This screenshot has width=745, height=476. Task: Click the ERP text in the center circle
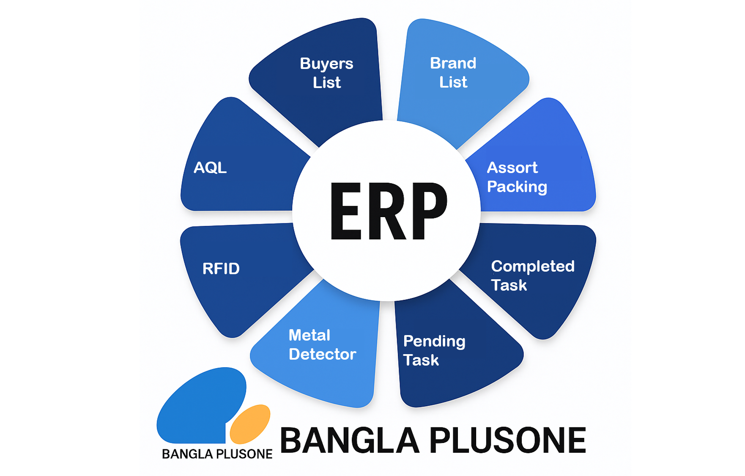(x=388, y=211)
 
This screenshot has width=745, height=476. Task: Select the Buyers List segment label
(x=326, y=73)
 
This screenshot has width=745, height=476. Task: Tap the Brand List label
(x=453, y=72)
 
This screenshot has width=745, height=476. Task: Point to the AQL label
(x=210, y=168)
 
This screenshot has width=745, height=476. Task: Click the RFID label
(x=221, y=269)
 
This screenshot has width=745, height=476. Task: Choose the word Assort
(x=512, y=168)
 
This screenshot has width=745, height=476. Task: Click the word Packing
(x=517, y=187)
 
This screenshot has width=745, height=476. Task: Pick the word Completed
(x=533, y=266)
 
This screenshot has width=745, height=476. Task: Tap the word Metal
(x=309, y=335)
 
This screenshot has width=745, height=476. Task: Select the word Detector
(x=322, y=354)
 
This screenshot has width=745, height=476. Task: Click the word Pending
(x=434, y=341)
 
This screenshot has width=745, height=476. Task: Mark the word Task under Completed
(x=509, y=285)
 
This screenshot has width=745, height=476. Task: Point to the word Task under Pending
(x=421, y=360)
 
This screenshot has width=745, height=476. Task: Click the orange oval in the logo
(x=250, y=423)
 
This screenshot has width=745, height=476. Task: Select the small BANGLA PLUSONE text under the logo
(x=217, y=454)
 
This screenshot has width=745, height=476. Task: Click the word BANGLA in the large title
(x=349, y=440)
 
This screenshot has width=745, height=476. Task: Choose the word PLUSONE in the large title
(x=508, y=440)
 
